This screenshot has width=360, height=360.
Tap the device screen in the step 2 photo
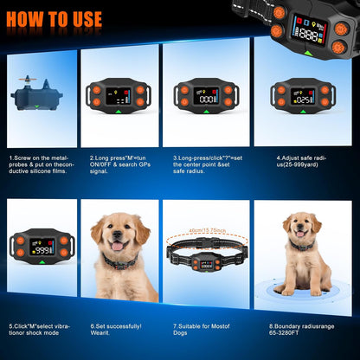pyautogui.click(x=120, y=95)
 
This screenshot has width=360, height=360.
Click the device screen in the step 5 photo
pyautogui.click(x=41, y=246)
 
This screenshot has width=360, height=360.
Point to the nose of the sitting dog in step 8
pyautogui.click(x=300, y=231)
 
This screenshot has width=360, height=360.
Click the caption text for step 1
pyautogui.click(x=40, y=164)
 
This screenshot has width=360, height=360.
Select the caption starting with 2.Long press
pyautogui.click(x=120, y=164)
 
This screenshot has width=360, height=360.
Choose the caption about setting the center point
pyautogui.click(x=204, y=164)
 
